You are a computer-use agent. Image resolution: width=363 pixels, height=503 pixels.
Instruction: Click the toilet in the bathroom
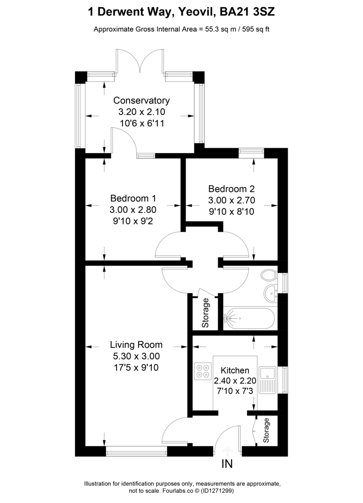[267, 276]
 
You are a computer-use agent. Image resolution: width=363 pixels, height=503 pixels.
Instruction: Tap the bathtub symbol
[249, 319]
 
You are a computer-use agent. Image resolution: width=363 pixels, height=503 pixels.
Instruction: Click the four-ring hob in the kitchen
[203, 371]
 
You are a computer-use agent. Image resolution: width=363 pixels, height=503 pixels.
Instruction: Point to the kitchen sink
[267, 380]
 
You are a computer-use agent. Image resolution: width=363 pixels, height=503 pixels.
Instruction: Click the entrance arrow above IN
[227, 451]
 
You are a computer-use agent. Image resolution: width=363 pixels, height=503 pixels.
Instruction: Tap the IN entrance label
[227, 464]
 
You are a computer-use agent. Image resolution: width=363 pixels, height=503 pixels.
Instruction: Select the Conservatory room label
[142, 101]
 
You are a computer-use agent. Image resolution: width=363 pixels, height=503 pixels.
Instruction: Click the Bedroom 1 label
[133, 198]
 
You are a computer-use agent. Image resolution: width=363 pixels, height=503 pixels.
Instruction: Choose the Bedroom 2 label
[232, 189]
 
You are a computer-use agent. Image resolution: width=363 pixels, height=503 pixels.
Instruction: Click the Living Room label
[136, 345]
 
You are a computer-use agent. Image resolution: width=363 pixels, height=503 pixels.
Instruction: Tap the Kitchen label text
[235, 371]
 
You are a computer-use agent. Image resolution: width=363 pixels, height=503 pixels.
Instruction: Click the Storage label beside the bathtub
[205, 313]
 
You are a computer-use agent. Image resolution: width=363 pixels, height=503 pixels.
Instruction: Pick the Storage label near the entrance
[266, 430]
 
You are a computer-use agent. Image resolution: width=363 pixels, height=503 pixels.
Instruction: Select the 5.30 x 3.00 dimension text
[136, 356]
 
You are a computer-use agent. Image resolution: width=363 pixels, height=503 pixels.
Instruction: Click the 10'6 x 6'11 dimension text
[142, 123]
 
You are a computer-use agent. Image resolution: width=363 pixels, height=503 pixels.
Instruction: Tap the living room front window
[136, 451]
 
